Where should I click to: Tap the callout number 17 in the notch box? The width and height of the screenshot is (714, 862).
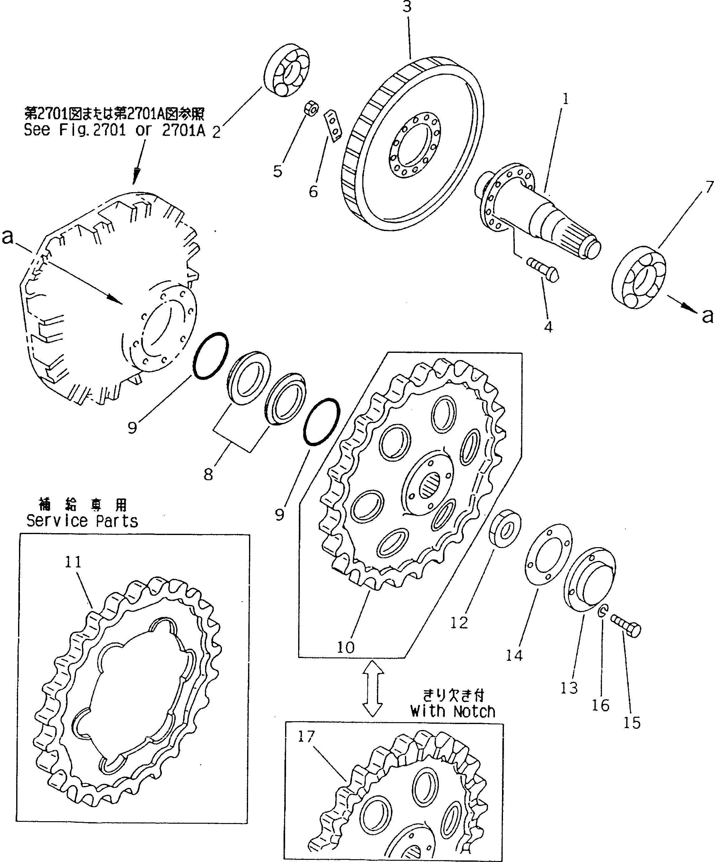306,737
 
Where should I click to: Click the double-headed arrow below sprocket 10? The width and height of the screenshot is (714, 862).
372,694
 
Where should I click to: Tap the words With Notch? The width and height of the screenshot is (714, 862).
453,711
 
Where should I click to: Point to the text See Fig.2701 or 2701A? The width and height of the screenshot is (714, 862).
114,130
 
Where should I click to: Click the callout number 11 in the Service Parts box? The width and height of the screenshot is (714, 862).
73,561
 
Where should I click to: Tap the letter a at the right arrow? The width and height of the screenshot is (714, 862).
707,316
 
